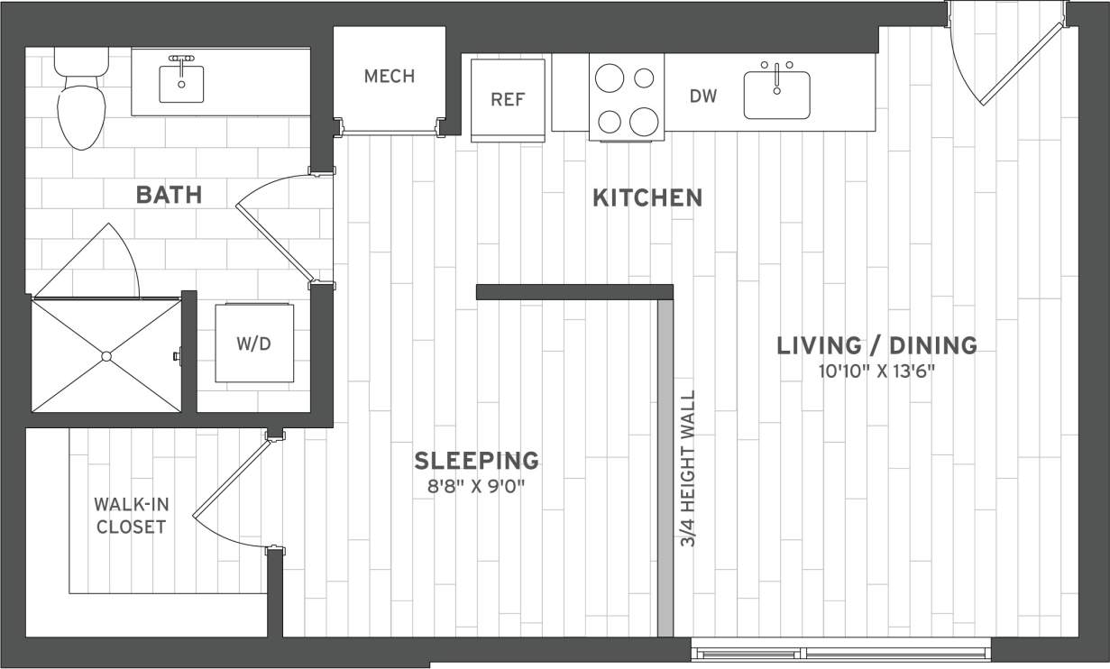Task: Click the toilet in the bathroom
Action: click(x=81, y=108)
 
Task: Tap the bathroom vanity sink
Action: click(x=182, y=83)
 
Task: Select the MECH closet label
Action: click(x=390, y=77)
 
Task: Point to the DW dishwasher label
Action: click(x=703, y=96)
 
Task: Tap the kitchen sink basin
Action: click(x=776, y=95)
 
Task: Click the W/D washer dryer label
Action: click(x=253, y=344)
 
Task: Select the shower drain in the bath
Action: click(x=106, y=356)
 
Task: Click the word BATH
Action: click(x=168, y=194)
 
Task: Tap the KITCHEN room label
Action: click(x=647, y=197)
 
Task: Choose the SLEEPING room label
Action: click(x=476, y=461)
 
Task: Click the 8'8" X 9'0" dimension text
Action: click(x=476, y=488)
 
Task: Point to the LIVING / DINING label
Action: click(x=876, y=345)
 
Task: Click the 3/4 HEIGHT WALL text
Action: click(x=688, y=469)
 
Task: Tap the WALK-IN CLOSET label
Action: click(x=132, y=516)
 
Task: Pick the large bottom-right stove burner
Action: click(x=643, y=120)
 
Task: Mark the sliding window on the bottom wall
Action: click(x=840, y=651)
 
